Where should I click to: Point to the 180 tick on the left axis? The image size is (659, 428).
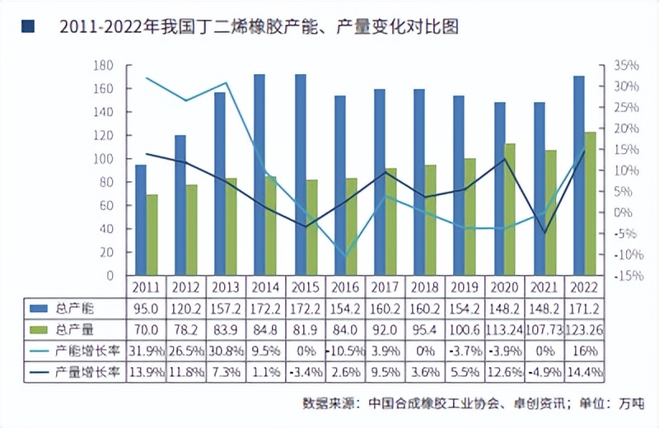pyautogui.click(x=104, y=65)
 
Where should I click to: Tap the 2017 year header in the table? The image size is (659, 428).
pyautogui.click(x=385, y=286)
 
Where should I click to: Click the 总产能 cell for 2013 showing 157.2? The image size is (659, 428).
pyautogui.click(x=226, y=308)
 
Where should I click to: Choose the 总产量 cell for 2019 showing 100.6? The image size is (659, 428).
pyautogui.click(x=464, y=329)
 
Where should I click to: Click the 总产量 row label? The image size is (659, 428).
pyautogui.click(x=79, y=329)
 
